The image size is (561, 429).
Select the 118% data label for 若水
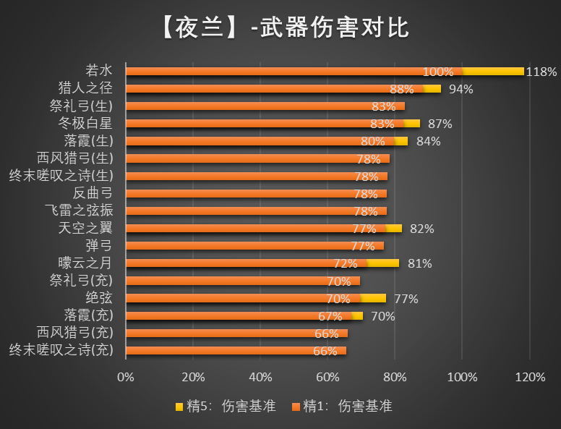click(541, 72)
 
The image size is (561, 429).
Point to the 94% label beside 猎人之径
click(461, 89)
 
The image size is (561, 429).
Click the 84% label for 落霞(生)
click(429, 141)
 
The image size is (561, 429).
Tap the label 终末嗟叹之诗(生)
click(61, 175)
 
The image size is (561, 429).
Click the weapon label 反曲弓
click(93, 192)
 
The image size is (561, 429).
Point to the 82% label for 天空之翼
click(421, 229)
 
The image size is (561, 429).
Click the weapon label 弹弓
click(100, 245)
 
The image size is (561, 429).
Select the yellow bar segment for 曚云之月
click(384, 263)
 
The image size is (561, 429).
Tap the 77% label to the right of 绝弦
click(406, 299)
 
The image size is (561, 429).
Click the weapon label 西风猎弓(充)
click(75, 332)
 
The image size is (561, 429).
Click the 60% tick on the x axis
click(327, 377)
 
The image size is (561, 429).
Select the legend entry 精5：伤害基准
click(226, 406)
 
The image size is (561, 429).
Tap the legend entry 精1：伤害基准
click(342, 406)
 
